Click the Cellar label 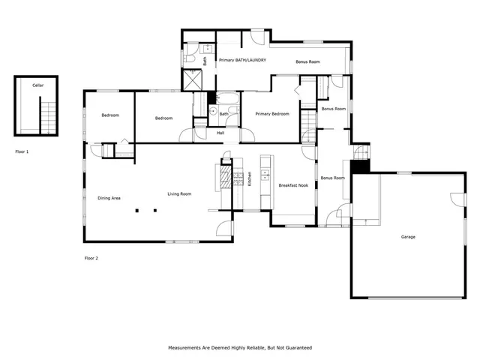click(x=37, y=86)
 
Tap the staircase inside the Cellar click(x=49, y=114)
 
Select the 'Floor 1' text click(x=22, y=151)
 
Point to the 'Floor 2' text click(x=91, y=258)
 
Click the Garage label click(x=408, y=237)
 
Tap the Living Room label click(x=178, y=194)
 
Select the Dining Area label click(x=109, y=198)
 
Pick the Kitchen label click(x=249, y=180)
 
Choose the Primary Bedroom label click(x=271, y=114)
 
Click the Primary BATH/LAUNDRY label click(x=241, y=60)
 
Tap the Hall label click(x=220, y=133)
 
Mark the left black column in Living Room click(x=137, y=211)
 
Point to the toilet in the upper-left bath click(x=190, y=58)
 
